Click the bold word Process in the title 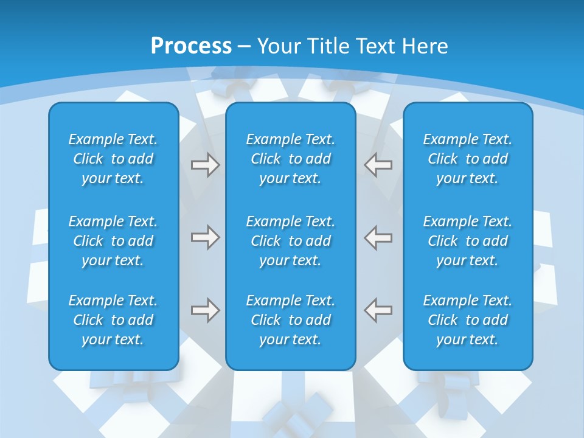191,46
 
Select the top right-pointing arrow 205,165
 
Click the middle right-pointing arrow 205,237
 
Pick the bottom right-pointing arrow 205,310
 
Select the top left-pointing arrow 378,165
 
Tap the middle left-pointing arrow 378,237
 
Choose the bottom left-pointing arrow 378,310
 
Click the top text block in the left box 113,159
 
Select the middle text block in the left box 113,241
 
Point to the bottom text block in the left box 113,320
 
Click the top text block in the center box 291,159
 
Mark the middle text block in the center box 291,241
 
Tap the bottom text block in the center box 291,320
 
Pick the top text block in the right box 468,159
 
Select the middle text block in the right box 468,241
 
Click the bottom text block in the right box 468,320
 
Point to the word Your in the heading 279,46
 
